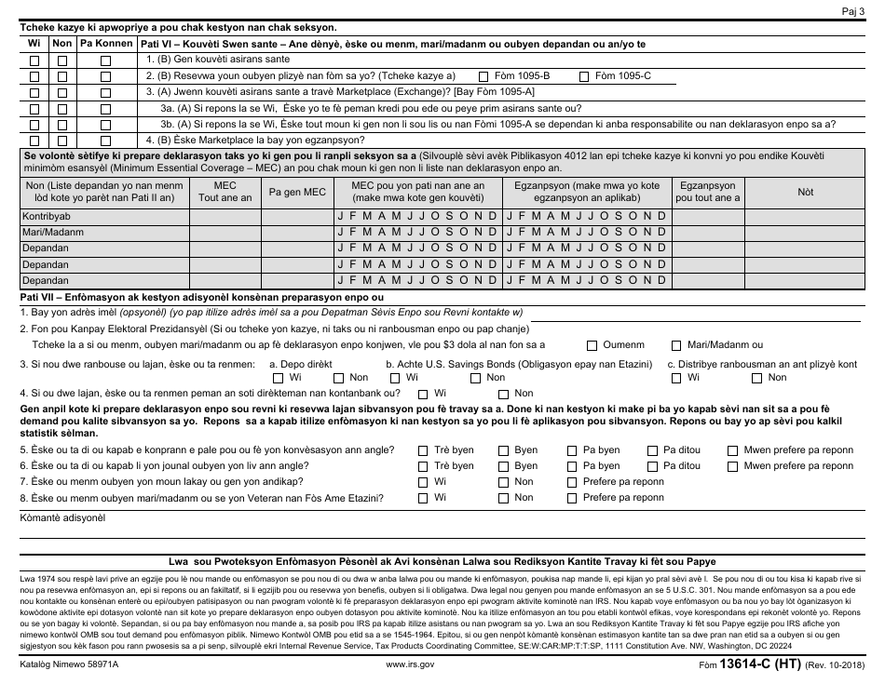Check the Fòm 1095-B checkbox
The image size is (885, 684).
483,76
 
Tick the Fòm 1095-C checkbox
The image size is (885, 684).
584,76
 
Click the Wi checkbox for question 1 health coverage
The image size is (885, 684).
34,60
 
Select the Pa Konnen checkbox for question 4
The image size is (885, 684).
105,141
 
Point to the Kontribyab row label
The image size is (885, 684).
47,216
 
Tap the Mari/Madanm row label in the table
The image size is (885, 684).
52,232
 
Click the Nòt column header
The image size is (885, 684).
805,192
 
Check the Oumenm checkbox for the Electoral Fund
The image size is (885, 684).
592,345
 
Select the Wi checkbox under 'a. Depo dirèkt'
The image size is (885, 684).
279,378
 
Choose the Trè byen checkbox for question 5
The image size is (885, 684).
423,450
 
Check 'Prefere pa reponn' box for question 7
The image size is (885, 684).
570,482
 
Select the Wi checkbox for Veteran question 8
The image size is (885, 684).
423,498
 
